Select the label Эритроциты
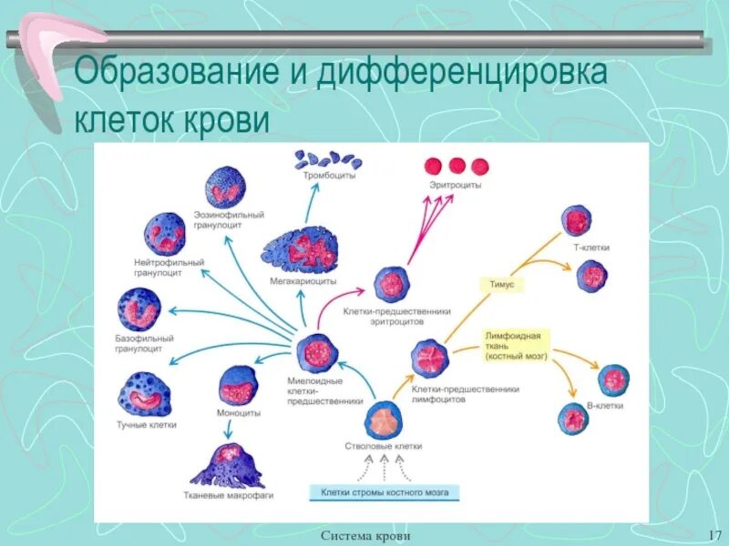click(456, 185)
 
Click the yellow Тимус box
click(503, 285)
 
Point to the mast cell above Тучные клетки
click(146, 392)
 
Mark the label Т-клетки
click(592, 248)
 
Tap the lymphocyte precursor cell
click(429, 358)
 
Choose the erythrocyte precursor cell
click(392, 284)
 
